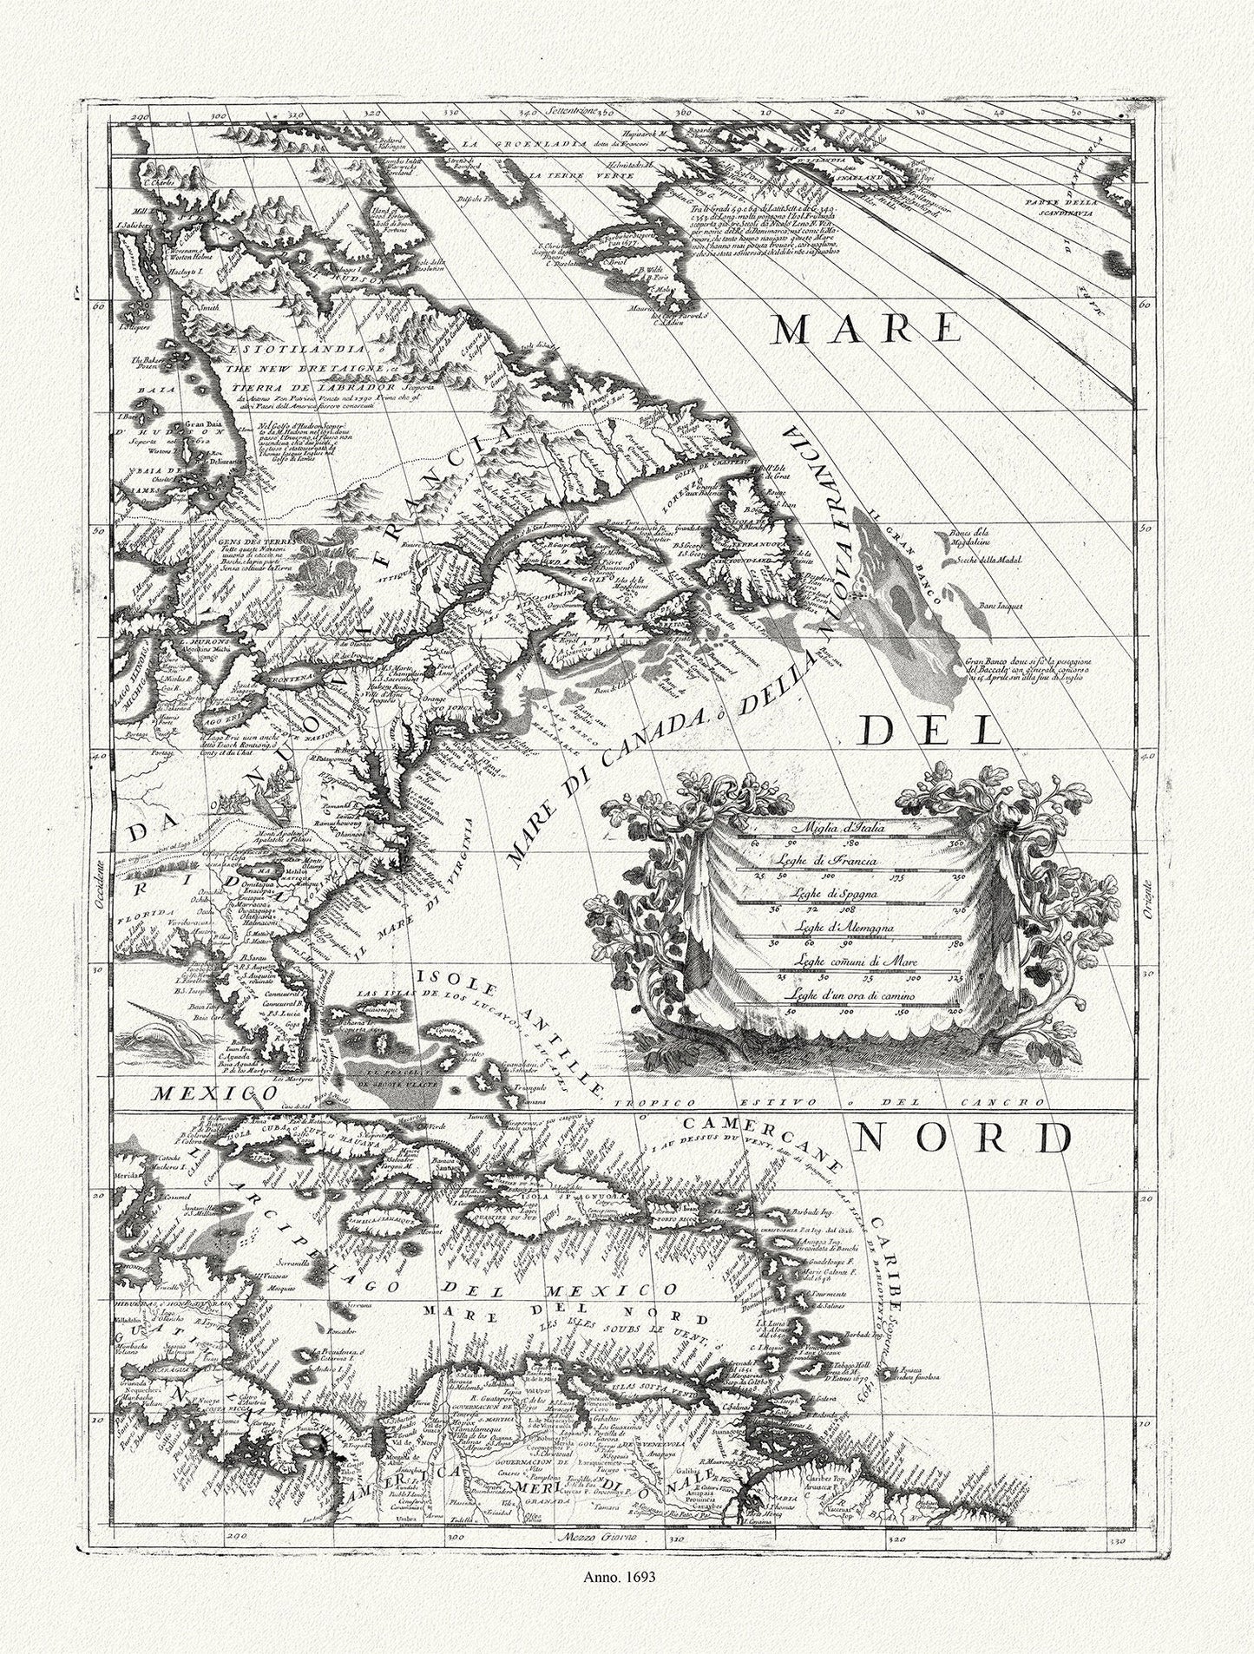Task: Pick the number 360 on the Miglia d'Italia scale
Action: [x=957, y=843]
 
